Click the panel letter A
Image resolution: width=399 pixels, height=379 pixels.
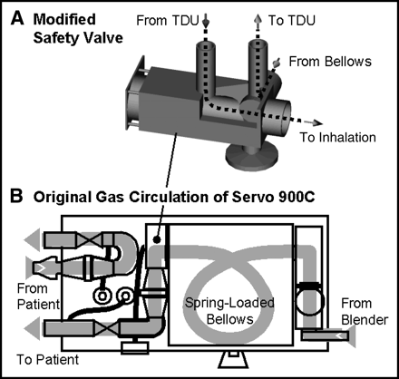(x=17, y=19)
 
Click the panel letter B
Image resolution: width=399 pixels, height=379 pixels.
(x=16, y=196)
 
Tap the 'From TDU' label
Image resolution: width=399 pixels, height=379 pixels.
(x=167, y=21)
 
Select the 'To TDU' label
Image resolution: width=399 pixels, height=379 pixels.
(x=292, y=20)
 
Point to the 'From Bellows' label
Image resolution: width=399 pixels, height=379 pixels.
(x=330, y=62)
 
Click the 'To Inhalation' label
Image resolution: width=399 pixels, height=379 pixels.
(x=337, y=137)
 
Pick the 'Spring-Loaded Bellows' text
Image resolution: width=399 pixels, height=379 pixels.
(x=229, y=311)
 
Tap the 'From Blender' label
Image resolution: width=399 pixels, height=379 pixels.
(x=365, y=312)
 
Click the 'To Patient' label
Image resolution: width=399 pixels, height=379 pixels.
(x=47, y=360)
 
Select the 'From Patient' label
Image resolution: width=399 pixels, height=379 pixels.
(x=38, y=296)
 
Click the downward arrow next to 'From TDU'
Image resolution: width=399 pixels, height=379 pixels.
(x=206, y=21)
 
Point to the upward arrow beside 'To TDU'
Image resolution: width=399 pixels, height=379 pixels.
(x=258, y=21)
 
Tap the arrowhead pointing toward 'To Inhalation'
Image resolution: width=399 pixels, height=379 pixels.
(x=316, y=122)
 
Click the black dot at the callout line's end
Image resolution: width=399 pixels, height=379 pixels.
(x=156, y=239)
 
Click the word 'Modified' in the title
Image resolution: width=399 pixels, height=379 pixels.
(x=64, y=20)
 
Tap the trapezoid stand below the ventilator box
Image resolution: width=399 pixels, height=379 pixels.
(x=232, y=361)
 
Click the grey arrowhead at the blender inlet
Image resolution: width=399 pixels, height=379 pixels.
(x=352, y=335)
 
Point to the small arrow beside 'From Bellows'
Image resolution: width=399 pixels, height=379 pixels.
(x=276, y=63)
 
